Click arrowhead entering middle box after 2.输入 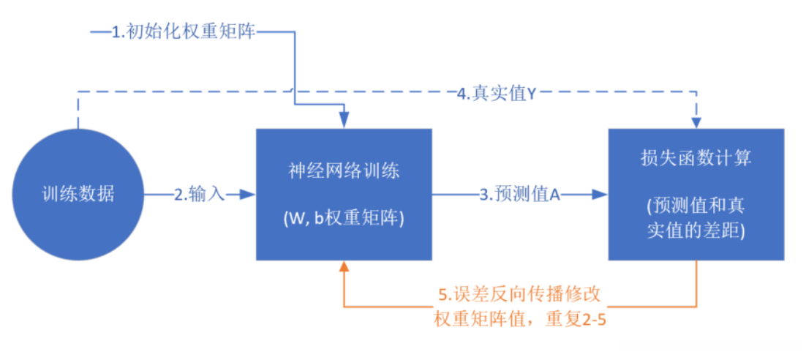pos(249,195)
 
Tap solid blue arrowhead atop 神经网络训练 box pos(344,121)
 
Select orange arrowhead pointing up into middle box pos(344,268)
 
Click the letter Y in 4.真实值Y pos(532,94)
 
